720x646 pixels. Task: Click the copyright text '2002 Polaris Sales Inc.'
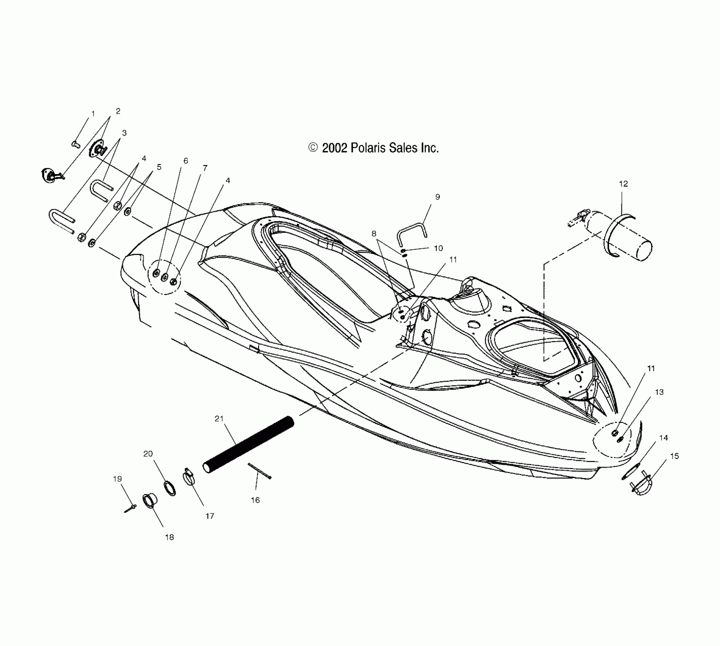[374, 148]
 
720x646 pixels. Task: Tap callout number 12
[623, 184]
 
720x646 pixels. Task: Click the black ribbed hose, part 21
[249, 445]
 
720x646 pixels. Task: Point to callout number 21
[219, 418]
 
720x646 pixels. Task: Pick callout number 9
[438, 197]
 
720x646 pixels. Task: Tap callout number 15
[674, 456]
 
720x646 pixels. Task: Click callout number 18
[169, 537]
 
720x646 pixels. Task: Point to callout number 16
[255, 500]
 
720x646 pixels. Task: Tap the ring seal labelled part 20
[170, 488]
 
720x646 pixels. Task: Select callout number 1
[93, 114]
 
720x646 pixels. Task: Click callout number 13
[659, 392]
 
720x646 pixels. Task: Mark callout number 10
[438, 248]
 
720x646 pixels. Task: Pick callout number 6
[186, 161]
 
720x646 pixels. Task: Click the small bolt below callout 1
[75, 144]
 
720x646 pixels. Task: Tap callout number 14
[663, 438]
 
